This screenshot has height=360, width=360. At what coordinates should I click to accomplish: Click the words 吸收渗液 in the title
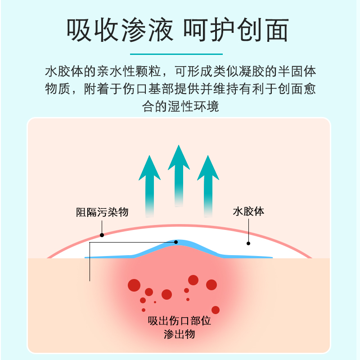point(119,31)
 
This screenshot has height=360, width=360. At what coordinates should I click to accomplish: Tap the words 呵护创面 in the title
point(236,31)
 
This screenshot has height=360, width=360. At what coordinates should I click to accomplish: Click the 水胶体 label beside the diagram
point(248,211)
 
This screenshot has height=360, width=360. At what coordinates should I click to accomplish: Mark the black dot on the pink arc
point(102,235)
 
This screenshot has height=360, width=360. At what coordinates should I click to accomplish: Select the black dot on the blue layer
point(176,242)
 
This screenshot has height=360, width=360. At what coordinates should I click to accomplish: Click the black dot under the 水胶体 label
point(248,243)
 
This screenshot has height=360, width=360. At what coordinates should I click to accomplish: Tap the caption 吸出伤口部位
point(180,321)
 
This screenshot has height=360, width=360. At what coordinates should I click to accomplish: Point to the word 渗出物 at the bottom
point(180,334)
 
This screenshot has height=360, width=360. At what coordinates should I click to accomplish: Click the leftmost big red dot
point(134,285)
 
